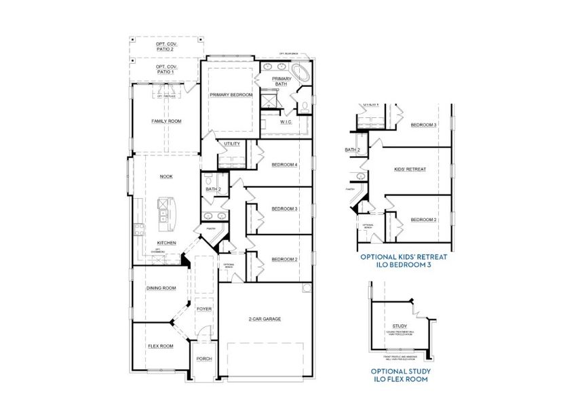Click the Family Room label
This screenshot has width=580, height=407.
tap(166, 121)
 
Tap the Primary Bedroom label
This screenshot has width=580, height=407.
tap(231, 95)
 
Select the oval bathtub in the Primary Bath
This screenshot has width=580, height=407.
tap(301, 73)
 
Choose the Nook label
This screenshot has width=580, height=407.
tap(166, 176)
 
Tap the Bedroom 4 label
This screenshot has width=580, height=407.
tap(284, 165)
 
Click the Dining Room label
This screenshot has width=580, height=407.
tap(161, 288)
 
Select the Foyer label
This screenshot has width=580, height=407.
tap(204, 309)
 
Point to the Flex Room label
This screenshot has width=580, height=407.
tap(160, 346)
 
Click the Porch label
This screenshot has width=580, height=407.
tap(204, 359)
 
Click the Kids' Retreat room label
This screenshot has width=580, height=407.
tap(410, 169)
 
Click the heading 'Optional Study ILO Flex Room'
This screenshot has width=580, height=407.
tap(400, 376)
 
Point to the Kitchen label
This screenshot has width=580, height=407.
tap(166, 242)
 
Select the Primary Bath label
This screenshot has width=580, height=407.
tap(282, 82)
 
